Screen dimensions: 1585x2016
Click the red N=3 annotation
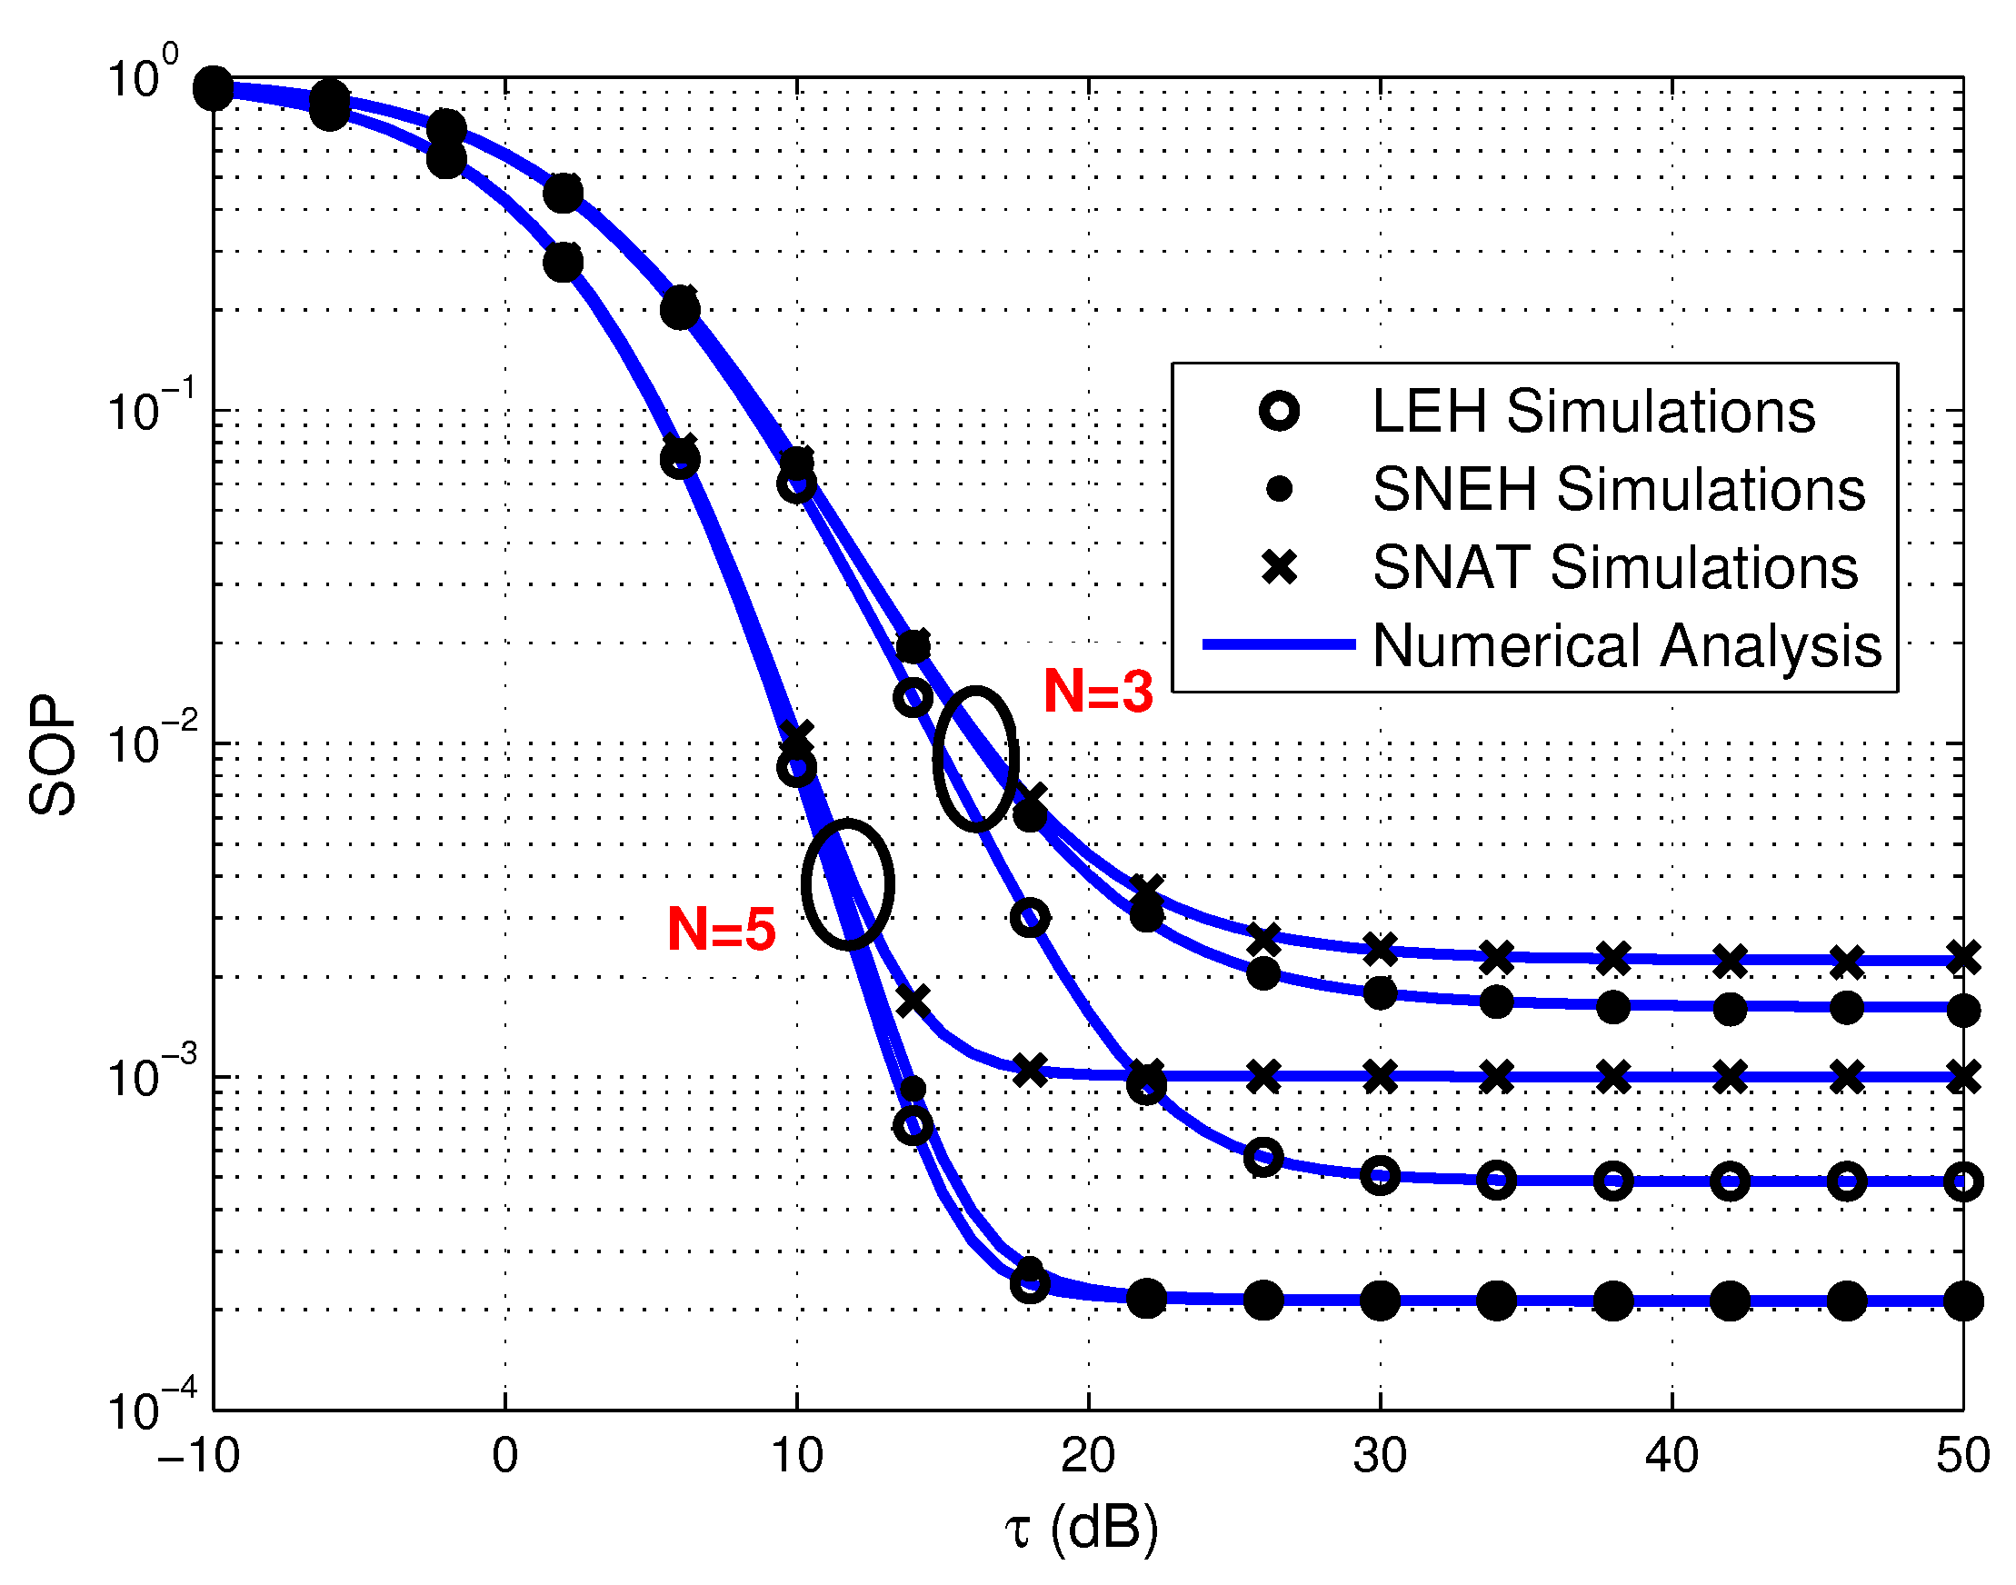pyautogui.click(x=1098, y=692)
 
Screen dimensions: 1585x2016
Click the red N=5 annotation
pyautogui.click(x=721, y=929)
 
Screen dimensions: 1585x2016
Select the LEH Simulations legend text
pyautogui.click(x=1592, y=411)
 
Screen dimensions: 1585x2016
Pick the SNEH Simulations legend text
pyautogui.click(x=1618, y=489)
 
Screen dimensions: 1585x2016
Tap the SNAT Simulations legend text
pyautogui.click(x=1614, y=567)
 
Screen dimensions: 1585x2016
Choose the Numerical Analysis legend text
pyautogui.click(x=1626, y=645)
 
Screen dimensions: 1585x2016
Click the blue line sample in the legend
pyautogui.click(x=1278, y=644)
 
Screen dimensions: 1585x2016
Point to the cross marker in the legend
pyautogui.click(x=1279, y=567)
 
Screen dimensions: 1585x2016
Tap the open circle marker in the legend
pyautogui.click(x=1279, y=410)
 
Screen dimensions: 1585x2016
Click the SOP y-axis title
pyautogui.click(x=53, y=755)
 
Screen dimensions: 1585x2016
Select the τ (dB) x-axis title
pyautogui.click(x=1082, y=1528)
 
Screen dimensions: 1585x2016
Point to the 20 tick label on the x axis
pyautogui.click(x=1088, y=1455)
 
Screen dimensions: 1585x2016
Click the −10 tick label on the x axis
pyautogui.click(x=199, y=1455)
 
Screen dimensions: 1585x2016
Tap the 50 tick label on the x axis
pyautogui.click(x=1962, y=1455)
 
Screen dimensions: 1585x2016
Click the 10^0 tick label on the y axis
pyautogui.click(x=144, y=76)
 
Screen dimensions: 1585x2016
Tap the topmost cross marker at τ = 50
pyautogui.click(x=1963, y=958)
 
